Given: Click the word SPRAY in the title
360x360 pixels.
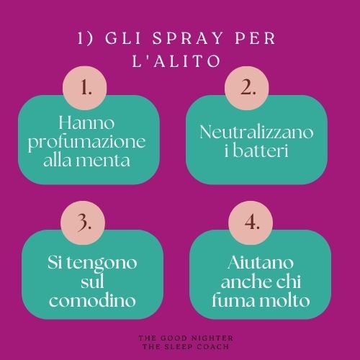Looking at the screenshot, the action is pyautogui.click(x=188, y=38).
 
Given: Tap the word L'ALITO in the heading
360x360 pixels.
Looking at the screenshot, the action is pyautogui.click(x=176, y=60).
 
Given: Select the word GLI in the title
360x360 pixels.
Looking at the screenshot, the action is pyautogui.click(x=123, y=38).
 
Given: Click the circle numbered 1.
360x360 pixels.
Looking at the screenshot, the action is pyautogui.click(x=84, y=88).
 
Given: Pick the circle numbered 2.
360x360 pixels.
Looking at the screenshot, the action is pyautogui.click(x=247, y=88).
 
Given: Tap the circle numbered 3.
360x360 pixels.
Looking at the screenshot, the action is pyautogui.click(x=83, y=223).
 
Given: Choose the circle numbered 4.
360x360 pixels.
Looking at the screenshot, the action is pyautogui.click(x=251, y=223).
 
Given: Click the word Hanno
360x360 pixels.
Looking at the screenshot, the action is pyautogui.click(x=86, y=123).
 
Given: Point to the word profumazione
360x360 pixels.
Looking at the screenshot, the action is pyautogui.click(x=86, y=143).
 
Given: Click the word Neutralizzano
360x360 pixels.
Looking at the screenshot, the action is pyautogui.click(x=256, y=132).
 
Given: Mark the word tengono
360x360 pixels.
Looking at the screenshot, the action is pyautogui.click(x=102, y=264).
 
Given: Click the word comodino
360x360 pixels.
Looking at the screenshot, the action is pyautogui.click(x=92, y=300).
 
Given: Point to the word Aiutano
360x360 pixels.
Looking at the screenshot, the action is pyautogui.click(x=261, y=262).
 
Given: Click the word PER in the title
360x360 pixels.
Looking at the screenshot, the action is pyautogui.click(x=255, y=38).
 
